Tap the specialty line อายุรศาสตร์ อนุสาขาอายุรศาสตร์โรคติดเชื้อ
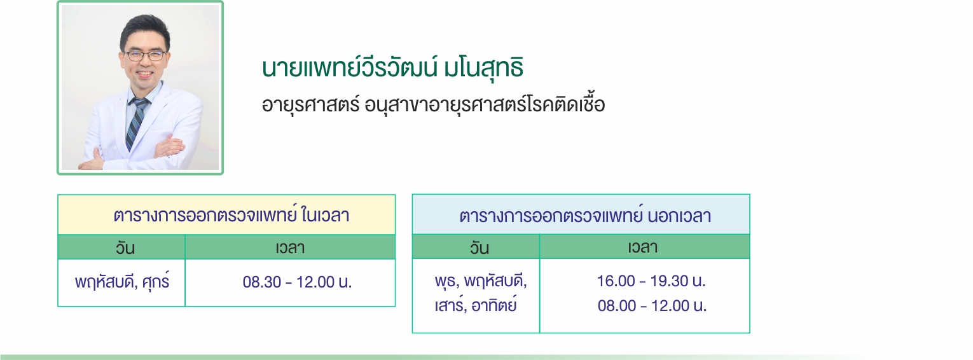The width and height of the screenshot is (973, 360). pyautogui.click(x=433, y=104)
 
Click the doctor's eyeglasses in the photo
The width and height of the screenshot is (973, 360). pyautogui.click(x=144, y=55)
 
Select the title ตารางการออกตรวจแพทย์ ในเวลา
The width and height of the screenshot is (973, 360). pyautogui.click(x=231, y=216)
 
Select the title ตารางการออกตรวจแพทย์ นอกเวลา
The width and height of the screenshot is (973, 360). pyautogui.click(x=585, y=216)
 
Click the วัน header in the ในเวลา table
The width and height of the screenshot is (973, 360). pyautogui.click(x=125, y=247)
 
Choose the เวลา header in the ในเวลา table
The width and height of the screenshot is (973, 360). pyautogui.click(x=290, y=247)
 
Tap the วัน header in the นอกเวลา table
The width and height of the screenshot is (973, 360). pyautogui.click(x=480, y=247)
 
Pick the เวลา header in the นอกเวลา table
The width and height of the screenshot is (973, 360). pyautogui.click(x=642, y=247)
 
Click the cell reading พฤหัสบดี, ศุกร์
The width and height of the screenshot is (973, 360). pyautogui.click(x=122, y=281)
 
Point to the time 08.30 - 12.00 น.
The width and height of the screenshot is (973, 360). pyautogui.click(x=297, y=282)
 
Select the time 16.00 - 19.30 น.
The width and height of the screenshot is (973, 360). pyautogui.click(x=651, y=281)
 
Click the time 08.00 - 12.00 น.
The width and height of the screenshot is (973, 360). pyautogui.click(x=652, y=306)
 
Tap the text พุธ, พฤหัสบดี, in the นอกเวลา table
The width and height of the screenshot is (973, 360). pyautogui.click(x=481, y=281)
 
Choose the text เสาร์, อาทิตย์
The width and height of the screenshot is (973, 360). pyautogui.click(x=476, y=305)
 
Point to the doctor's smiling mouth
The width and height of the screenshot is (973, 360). pyautogui.click(x=144, y=74)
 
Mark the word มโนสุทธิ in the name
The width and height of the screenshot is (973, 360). pyautogui.click(x=483, y=68)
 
